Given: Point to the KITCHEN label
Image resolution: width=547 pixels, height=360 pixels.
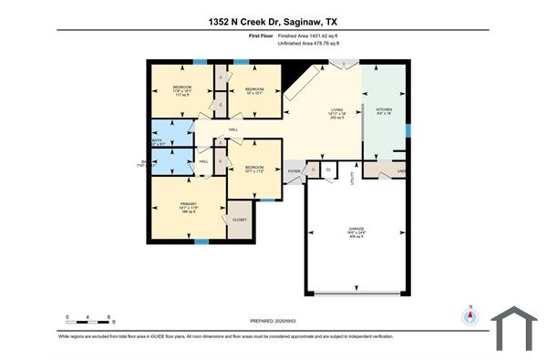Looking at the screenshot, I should pyautogui.click(x=384, y=110).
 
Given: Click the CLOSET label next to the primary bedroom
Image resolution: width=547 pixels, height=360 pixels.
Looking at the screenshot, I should pyautogui.click(x=240, y=220).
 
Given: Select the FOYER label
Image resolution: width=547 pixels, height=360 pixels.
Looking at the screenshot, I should pyautogui.click(x=294, y=170).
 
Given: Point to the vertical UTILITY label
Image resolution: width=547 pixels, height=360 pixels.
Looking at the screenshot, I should pyautogui.click(x=353, y=181).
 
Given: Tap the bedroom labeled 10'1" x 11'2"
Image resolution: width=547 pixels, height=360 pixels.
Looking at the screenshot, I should pyautogui.click(x=253, y=170).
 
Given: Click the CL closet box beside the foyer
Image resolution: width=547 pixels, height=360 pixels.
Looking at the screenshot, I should pyautogui.click(x=327, y=170).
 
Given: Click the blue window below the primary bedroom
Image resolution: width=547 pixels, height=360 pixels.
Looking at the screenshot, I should pyautogui.click(x=200, y=240).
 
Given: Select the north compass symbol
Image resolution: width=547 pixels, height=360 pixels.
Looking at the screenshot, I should pyautogui.click(x=471, y=316).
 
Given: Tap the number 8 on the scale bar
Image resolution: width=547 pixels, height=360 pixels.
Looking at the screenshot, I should pyautogui.click(x=109, y=316).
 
